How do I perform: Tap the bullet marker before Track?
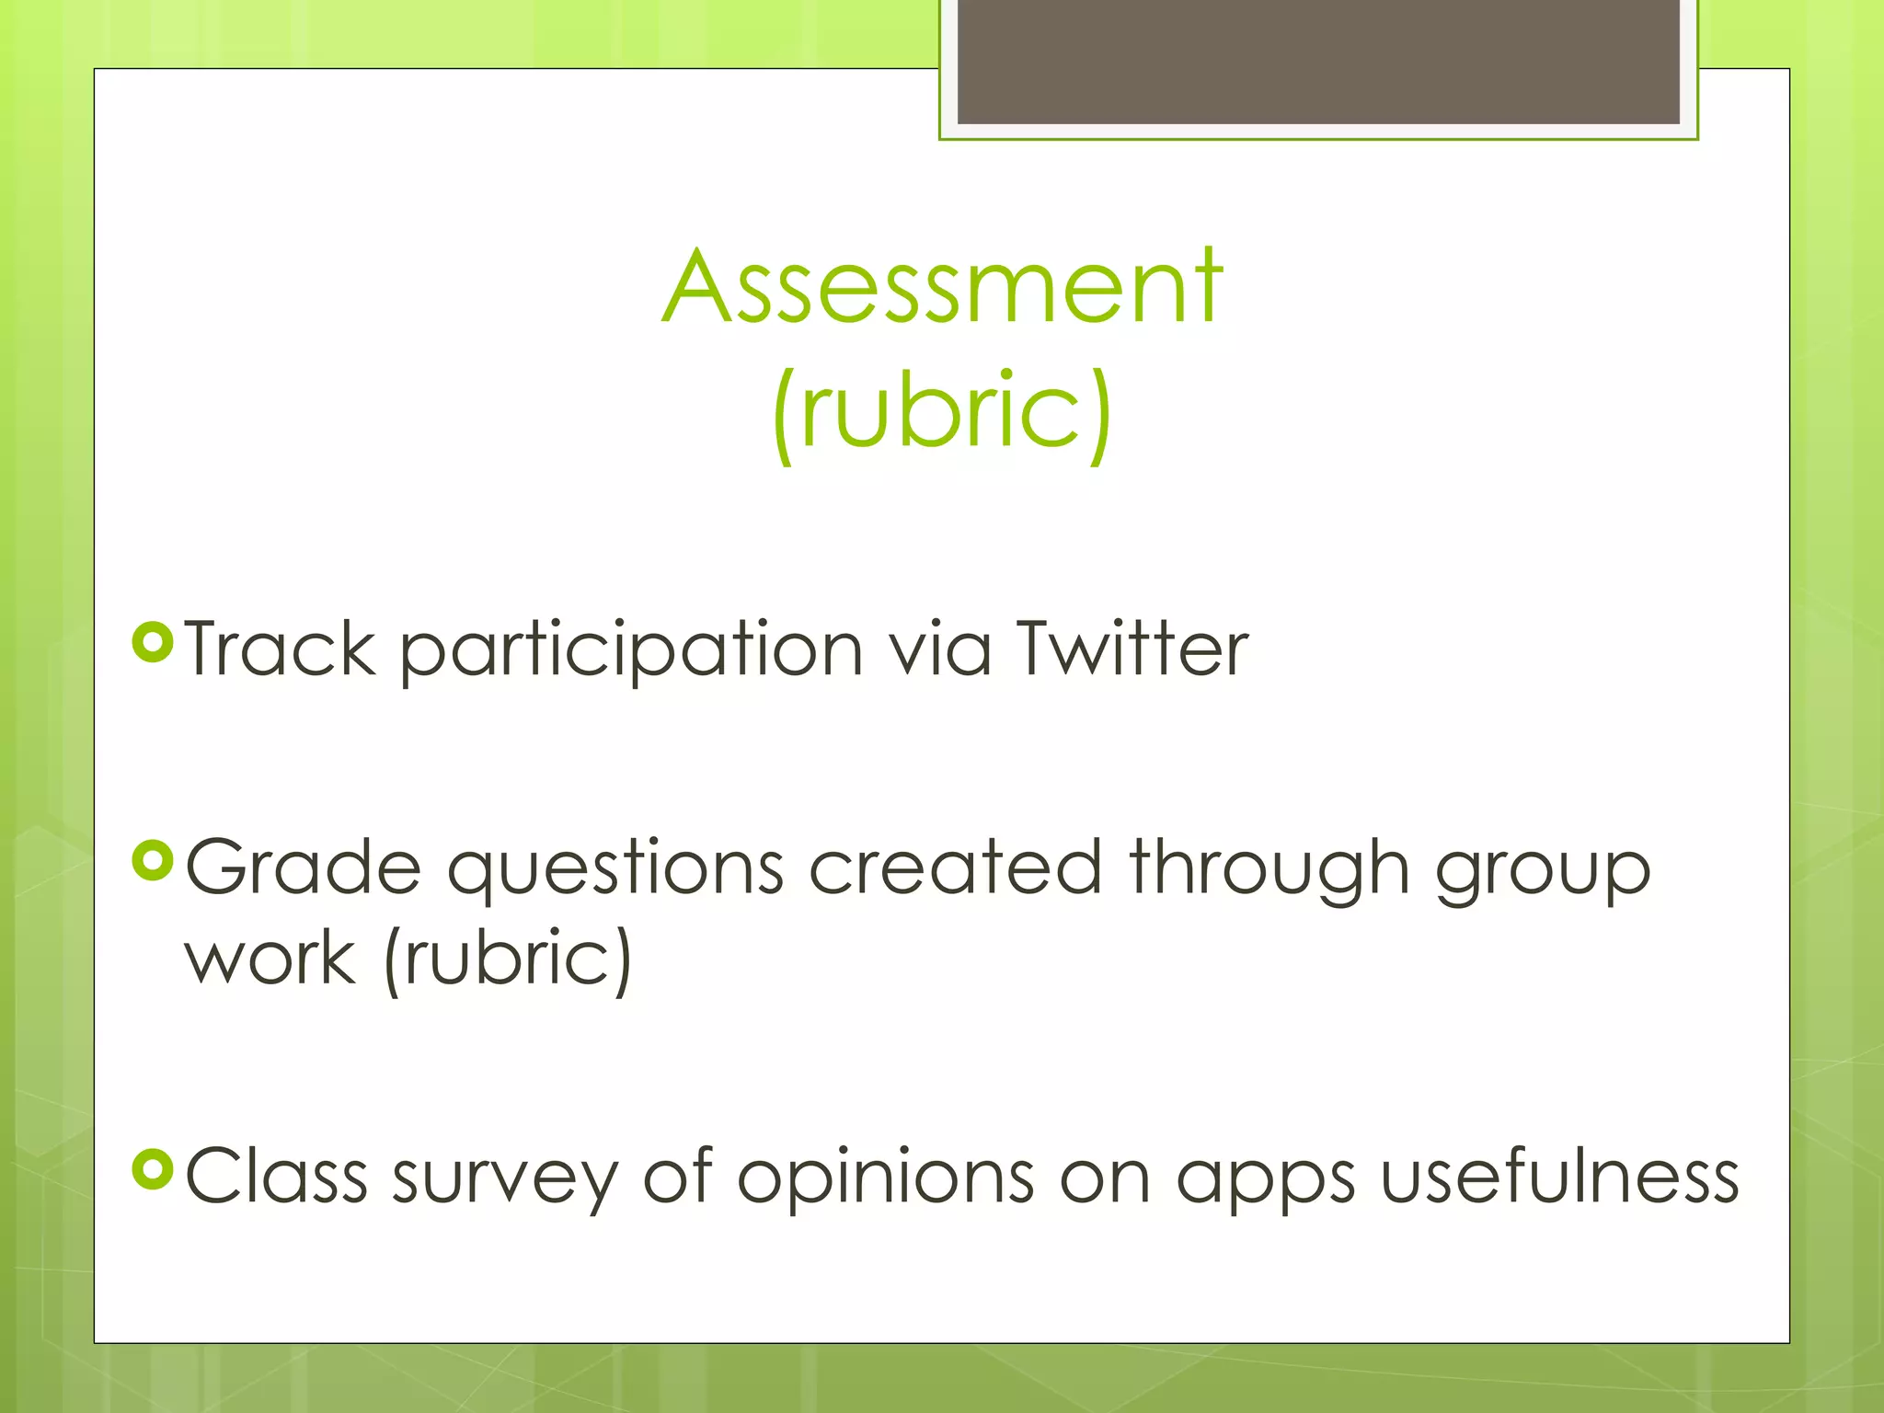pos(153,642)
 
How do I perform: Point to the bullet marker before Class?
pos(153,1169)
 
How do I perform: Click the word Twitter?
pos(1132,649)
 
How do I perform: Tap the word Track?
pos(280,649)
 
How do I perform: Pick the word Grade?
pos(304,867)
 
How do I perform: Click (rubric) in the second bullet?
pos(507,959)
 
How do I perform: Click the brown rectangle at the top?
pos(1318,61)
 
